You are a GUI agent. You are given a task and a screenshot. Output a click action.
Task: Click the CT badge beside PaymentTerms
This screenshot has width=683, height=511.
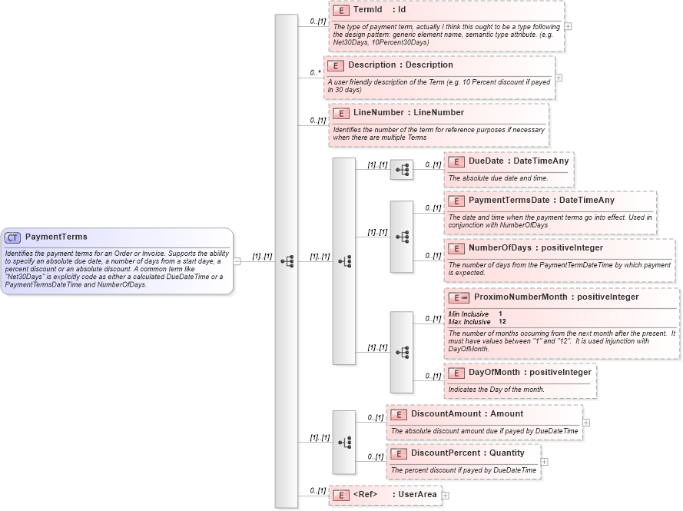point(12,237)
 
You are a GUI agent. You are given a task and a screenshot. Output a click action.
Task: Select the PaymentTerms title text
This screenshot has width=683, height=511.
point(56,237)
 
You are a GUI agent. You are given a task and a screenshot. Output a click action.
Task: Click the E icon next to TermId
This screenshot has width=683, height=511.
point(341,10)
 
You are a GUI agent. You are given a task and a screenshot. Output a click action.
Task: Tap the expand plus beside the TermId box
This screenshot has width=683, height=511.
point(568,26)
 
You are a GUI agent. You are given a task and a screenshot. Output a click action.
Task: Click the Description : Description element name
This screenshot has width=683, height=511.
point(400,65)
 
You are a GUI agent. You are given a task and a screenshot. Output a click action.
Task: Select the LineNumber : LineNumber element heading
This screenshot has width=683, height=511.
point(408,113)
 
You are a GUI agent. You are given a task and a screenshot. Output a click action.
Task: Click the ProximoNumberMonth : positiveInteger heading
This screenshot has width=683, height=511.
point(555,297)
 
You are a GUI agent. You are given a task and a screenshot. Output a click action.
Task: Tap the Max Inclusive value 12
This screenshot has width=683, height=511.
point(502,321)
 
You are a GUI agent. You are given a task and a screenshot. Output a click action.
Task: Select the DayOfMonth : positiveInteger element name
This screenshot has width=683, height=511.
point(529,373)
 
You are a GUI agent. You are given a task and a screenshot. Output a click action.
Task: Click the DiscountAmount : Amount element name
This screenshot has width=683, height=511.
point(466,414)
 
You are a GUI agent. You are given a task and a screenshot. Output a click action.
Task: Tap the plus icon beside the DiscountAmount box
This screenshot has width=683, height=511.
point(586,422)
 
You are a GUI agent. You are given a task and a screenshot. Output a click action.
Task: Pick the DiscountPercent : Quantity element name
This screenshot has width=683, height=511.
point(467,453)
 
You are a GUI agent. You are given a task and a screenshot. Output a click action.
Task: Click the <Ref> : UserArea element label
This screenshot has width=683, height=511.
point(395,495)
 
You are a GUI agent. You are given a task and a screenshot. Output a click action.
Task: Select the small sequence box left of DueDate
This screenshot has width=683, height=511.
point(401,170)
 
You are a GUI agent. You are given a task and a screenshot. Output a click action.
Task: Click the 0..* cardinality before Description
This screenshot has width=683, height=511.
point(315,73)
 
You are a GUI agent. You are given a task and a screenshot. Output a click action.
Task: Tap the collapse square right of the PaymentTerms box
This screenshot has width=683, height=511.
point(237,261)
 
